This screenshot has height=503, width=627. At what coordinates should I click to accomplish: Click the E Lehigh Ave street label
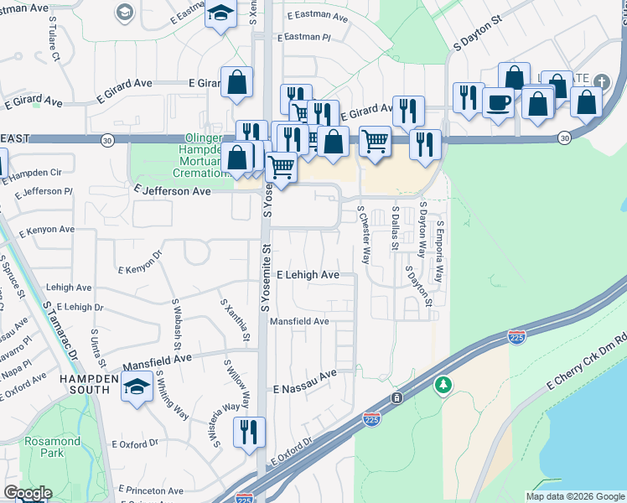pos(307,275)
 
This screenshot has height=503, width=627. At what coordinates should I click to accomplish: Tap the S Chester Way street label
pos(364,236)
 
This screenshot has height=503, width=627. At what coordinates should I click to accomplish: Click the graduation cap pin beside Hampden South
pos(137,386)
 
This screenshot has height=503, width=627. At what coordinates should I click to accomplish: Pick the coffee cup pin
pos(498,102)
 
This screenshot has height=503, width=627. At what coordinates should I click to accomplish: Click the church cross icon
pos(600,81)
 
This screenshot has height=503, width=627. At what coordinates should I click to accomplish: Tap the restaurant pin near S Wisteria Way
pos(249,433)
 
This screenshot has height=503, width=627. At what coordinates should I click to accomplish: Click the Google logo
pos(28,493)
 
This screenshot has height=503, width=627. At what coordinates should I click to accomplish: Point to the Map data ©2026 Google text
pos(574,496)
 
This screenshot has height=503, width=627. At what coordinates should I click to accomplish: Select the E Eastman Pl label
pos(308,38)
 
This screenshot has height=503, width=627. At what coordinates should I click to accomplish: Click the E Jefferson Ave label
pos(172,191)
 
